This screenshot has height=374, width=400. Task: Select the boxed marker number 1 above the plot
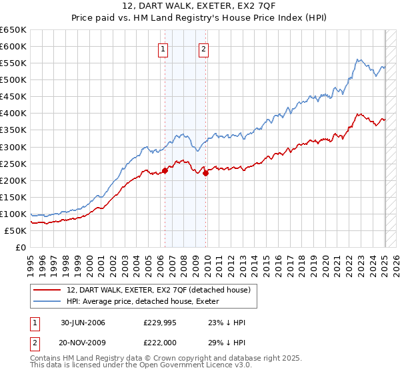point(163,48)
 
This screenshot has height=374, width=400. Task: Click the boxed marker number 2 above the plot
point(203,48)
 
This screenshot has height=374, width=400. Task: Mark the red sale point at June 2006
point(165,170)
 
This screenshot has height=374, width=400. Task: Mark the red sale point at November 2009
point(205,173)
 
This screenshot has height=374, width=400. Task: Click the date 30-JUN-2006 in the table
point(83,323)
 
